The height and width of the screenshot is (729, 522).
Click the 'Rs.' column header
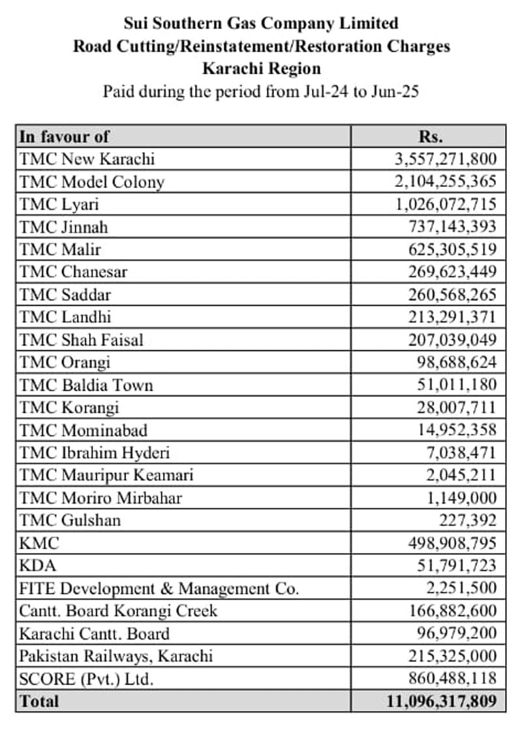[430, 137]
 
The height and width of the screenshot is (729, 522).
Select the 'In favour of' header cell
[64, 137]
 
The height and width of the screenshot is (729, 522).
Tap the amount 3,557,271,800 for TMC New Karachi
[446, 159]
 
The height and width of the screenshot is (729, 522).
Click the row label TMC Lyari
[59, 204]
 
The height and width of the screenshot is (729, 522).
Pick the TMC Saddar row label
[65, 295]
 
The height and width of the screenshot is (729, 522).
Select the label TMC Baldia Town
[86, 385]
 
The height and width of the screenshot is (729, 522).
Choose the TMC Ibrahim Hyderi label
[95, 453]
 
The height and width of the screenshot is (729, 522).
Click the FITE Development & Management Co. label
[159, 589]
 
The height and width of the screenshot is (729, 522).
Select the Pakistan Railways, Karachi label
[116, 656]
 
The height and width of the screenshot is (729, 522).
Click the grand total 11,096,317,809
[441, 702]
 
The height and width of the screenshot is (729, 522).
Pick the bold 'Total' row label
[39, 702]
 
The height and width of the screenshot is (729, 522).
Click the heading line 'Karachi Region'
[261, 69]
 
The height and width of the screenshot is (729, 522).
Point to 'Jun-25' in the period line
[395, 91]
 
